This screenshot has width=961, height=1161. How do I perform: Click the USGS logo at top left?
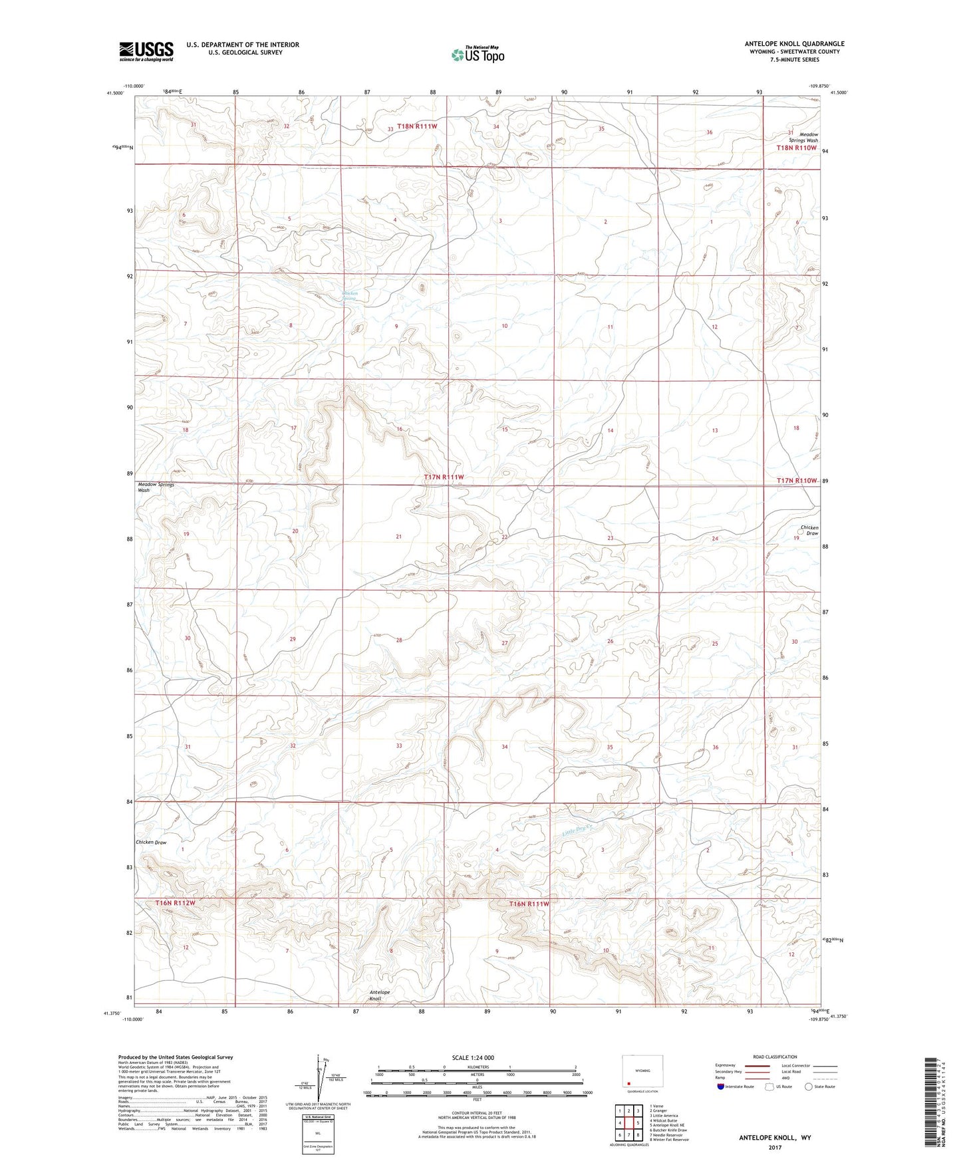click(146, 51)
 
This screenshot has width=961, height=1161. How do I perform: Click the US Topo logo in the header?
click(477, 55)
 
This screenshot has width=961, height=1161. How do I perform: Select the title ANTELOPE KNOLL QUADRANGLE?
click(794, 44)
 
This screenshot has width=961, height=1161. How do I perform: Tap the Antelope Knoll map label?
click(380, 995)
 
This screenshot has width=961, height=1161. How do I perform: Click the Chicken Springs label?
click(350, 296)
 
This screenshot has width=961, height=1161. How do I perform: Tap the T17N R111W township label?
click(444, 477)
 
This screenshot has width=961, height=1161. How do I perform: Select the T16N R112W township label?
click(176, 903)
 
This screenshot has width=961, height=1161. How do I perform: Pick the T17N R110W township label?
click(795, 481)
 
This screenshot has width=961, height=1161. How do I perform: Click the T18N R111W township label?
click(417, 126)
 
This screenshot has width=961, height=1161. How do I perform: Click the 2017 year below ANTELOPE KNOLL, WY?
click(774, 1147)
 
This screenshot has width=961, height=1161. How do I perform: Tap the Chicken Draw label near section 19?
click(809, 530)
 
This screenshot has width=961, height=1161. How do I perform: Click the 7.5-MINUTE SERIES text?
click(794, 60)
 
